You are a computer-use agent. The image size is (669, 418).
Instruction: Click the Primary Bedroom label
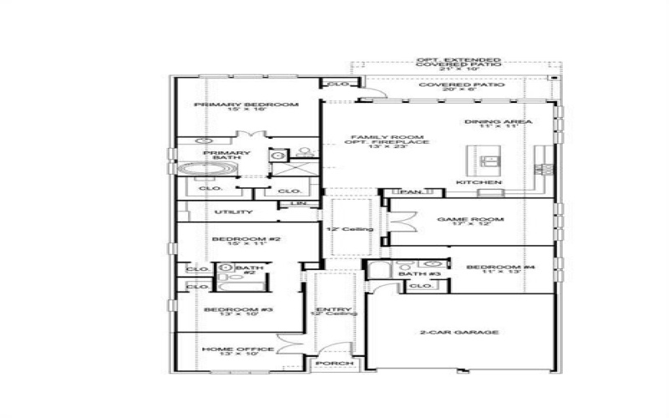pos(246,107)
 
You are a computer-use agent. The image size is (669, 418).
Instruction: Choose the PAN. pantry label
pos(409,192)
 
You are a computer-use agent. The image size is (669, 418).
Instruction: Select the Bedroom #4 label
pos(493,269)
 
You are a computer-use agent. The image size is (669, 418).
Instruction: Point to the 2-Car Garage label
pos(459,332)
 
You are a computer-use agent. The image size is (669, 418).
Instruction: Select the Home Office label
pos(237,350)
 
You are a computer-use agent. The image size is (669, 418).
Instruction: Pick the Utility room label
pos(233,212)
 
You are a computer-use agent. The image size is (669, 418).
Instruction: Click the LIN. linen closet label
pos(297,203)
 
